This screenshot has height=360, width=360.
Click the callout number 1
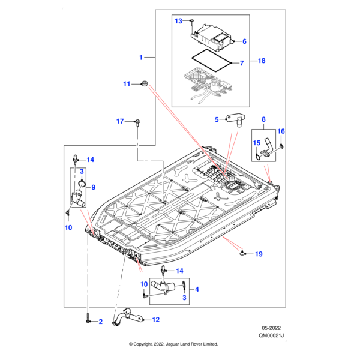point(141,58)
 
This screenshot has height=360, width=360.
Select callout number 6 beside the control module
point(244,41)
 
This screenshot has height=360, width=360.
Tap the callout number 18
point(262,61)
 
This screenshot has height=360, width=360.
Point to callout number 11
point(127,84)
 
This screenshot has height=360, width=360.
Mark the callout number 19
point(259,254)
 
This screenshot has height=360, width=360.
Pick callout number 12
point(156,320)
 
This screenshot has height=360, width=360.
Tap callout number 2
point(100,322)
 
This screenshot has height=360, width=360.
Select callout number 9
point(93,186)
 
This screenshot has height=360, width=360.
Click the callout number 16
point(281,131)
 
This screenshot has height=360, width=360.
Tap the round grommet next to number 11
point(144,82)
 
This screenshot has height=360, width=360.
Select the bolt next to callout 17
point(137,124)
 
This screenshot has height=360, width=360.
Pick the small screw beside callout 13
point(191,23)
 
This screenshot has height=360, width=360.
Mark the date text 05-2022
point(271,329)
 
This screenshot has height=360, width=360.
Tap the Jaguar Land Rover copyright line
point(173,344)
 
